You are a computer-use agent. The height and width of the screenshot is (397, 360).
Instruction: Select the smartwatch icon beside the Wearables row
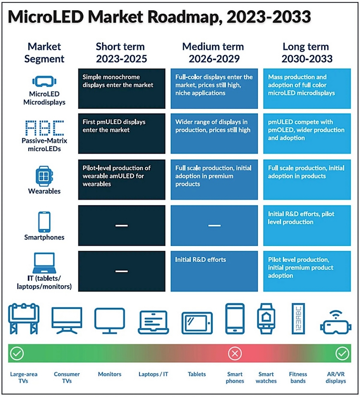pyautogui.click(x=44, y=174)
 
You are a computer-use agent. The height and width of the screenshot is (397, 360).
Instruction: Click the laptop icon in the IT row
pyautogui.click(x=44, y=262)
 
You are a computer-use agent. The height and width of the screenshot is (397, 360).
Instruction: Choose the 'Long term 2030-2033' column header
pyautogui.click(x=307, y=53)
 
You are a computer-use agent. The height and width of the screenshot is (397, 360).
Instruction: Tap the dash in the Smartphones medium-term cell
pyautogui.click(x=214, y=226)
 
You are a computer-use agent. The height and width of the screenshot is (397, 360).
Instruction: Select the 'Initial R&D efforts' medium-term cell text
pyautogui.click(x=201, y=260)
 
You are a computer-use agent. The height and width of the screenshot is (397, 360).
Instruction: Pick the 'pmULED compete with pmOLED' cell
pyautogui.click(x=306, y=130)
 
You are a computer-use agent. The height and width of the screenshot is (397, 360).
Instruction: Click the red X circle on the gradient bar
pyautogui.click(x=235, y=354)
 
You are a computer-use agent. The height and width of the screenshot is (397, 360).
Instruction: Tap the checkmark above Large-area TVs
pyautogui.click(x=17, y=354)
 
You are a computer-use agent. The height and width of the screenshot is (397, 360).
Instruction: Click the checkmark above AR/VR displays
pyautogui.click(x=342, y=354)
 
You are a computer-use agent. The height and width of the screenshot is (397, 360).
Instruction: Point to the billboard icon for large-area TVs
pyautogui.click(x=24, y=319)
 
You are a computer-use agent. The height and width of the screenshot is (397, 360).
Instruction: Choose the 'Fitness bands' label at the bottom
pyautogui.click(x=298, y=377)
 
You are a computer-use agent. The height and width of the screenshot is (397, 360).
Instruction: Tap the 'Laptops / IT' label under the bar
pyautogui.click(x=154, y=375)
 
